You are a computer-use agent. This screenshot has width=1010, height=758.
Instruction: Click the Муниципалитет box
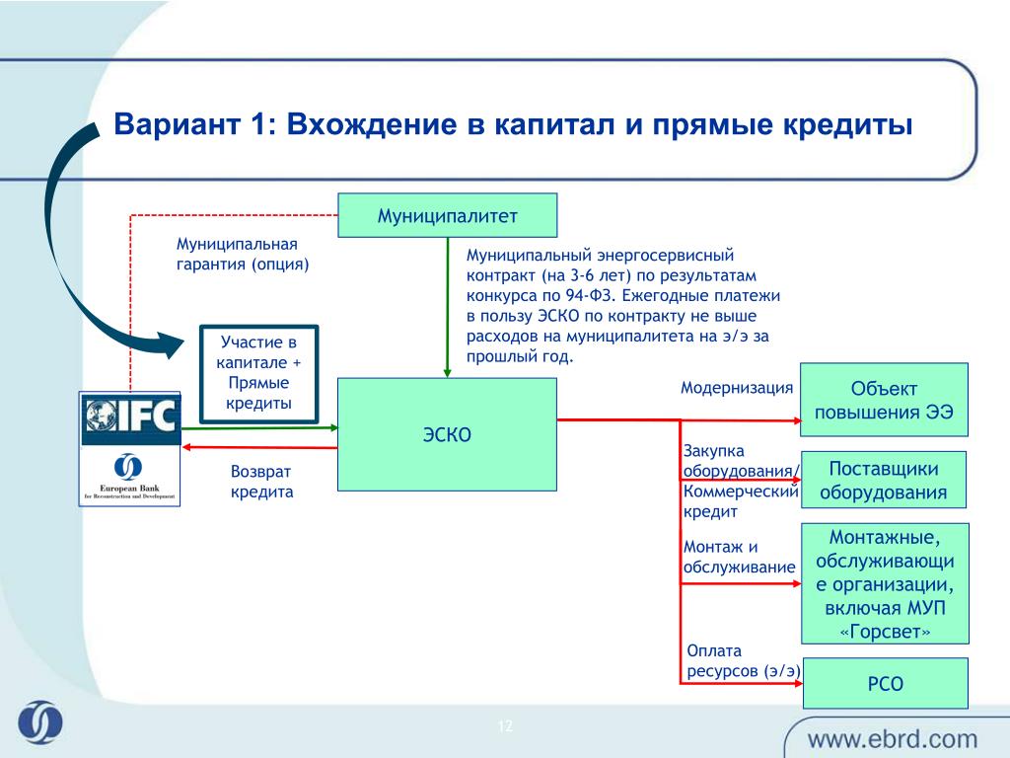click(x=447, y=215)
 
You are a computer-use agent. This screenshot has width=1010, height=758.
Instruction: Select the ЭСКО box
click(x=447, y=434)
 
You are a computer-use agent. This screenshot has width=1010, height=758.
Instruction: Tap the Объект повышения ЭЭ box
click(x=884, y=400)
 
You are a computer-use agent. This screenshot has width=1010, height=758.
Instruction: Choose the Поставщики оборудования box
click(x=883, y=480)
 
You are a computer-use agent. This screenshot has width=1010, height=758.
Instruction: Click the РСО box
click(x=884, y=683)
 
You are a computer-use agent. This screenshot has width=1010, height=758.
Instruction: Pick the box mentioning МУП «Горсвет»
click(x=884, y=583)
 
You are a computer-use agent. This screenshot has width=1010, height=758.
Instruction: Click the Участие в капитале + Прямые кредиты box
click(x=259, y=373)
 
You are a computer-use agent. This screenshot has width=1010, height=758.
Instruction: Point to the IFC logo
click(x=129, y=417)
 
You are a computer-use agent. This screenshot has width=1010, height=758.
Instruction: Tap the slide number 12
click(x=506, y=727)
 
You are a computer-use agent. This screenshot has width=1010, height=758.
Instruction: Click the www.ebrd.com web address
click(x=893, y=738)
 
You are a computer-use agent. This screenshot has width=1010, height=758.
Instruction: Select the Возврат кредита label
click(x=262, y=482)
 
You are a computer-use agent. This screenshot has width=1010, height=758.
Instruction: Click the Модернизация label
click(x=736, y=388)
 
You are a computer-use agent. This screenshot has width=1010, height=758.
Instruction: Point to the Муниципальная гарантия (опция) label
click(x=243, y=254)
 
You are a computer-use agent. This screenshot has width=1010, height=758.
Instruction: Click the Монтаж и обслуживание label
click(x=738, y=557)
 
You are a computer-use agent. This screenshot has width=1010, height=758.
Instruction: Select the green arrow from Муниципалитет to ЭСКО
click(x=447, y=308)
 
